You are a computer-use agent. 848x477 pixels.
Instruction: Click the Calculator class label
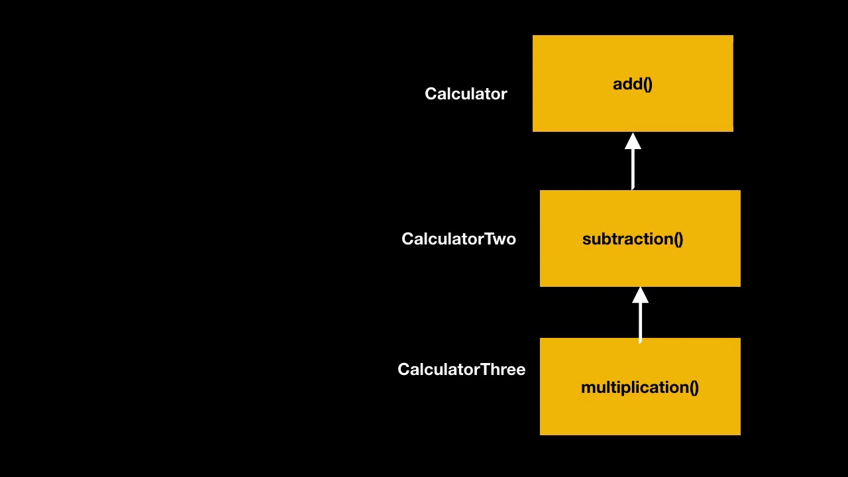[x=466, y=94]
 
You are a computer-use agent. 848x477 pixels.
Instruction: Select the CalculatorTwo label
[x=459, y=239]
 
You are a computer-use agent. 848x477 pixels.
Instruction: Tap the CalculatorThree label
[x=462, y=370]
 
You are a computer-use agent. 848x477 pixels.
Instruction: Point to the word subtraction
[x=627, y=239]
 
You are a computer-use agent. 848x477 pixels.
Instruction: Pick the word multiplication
[x=635, y=388]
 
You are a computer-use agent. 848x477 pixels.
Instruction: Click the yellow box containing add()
[x=633, y=83]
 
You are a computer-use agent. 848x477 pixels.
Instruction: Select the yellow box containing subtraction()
[x=640, y=238]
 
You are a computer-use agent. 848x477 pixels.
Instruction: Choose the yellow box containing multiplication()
[x=640, y=386]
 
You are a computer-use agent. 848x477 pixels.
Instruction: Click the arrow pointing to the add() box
[x=633, y=161]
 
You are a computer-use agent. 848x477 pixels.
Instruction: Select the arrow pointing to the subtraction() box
[x=640, y=315]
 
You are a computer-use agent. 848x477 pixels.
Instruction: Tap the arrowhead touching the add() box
[x=633, y=141]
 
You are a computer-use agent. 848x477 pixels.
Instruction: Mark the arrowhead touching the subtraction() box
[x=640, y=295]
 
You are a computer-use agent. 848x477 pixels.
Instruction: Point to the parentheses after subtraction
[x=678, y=239]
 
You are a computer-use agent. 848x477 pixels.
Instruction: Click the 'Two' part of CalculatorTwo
[x=500, y=239]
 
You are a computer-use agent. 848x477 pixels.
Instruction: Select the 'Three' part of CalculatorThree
[x=503, y=370]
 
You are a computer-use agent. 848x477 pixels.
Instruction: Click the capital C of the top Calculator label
[x=431, y=94]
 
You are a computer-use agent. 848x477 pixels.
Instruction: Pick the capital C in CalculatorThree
[x=404, y=370]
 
